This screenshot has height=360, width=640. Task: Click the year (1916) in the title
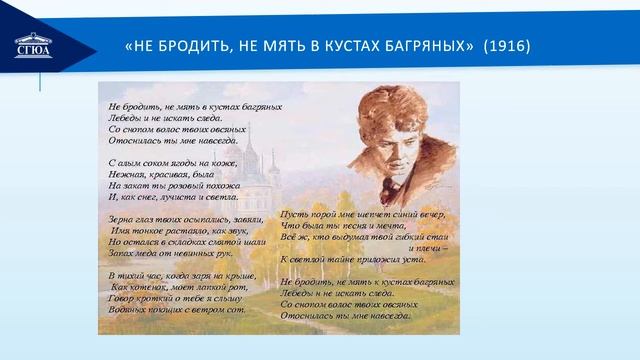coord(508,48)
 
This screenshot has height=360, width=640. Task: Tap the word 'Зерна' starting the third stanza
coord(120,217)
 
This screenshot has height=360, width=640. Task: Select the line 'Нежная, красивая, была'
coord(161,174)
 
